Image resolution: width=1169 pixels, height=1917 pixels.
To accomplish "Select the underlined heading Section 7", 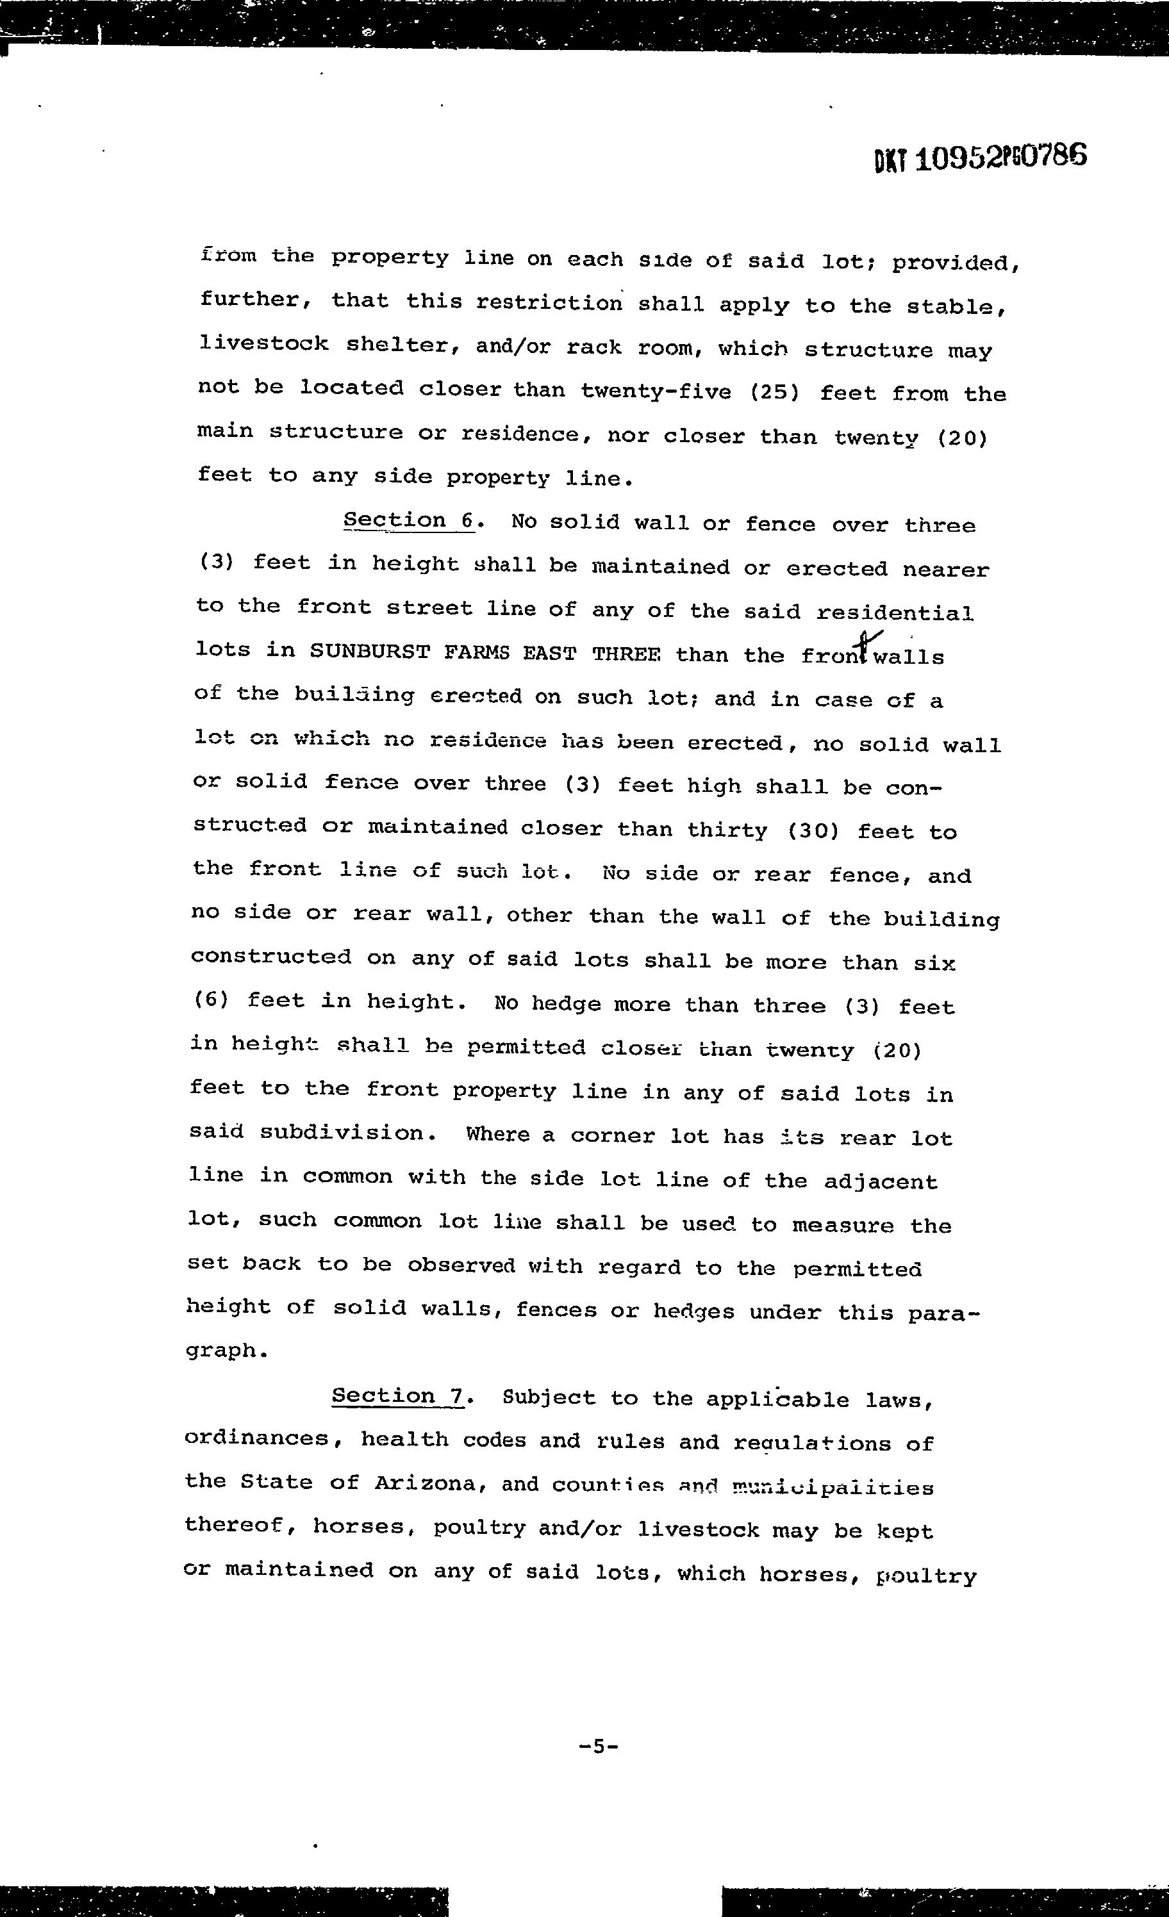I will click(399, 1397).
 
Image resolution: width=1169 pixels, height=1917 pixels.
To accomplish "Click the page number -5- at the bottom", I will click(599, 1745).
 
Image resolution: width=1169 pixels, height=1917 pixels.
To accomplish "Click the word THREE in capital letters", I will click(626, 653).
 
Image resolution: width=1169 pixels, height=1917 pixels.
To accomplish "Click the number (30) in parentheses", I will click(813, 830).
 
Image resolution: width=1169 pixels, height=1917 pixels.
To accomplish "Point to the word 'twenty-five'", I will click(656, 391).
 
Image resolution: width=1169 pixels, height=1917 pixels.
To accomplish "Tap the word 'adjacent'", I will click(881, 1181).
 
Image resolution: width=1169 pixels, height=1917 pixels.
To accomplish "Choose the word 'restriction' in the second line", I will click(549, 302).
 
